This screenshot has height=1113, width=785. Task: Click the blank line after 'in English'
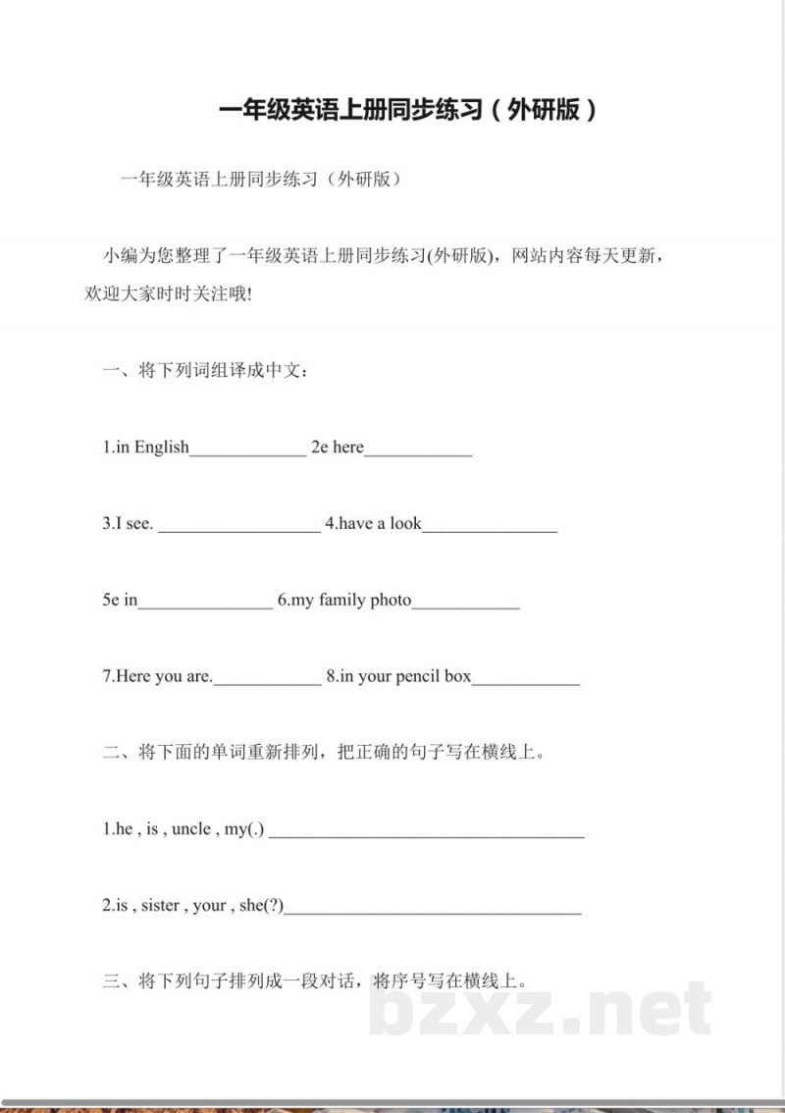[247, 451]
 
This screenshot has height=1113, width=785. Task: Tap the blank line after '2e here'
[418, 451]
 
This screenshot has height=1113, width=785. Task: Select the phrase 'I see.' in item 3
[129, 524]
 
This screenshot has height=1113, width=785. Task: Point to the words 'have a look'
[380, 524]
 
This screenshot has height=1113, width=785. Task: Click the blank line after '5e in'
[205, 605]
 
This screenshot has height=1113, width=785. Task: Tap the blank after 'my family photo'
[465, 605]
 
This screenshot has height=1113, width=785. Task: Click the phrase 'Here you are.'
[157, 676]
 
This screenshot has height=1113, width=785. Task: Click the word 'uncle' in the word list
[191, 829]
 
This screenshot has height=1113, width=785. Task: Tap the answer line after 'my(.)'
[427, 834]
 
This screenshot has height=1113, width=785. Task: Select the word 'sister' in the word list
[160, 906]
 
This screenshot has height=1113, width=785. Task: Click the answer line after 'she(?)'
[433, 911]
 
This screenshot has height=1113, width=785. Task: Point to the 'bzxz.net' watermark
[541, 1010]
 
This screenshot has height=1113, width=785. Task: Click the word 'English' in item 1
[162, 448]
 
